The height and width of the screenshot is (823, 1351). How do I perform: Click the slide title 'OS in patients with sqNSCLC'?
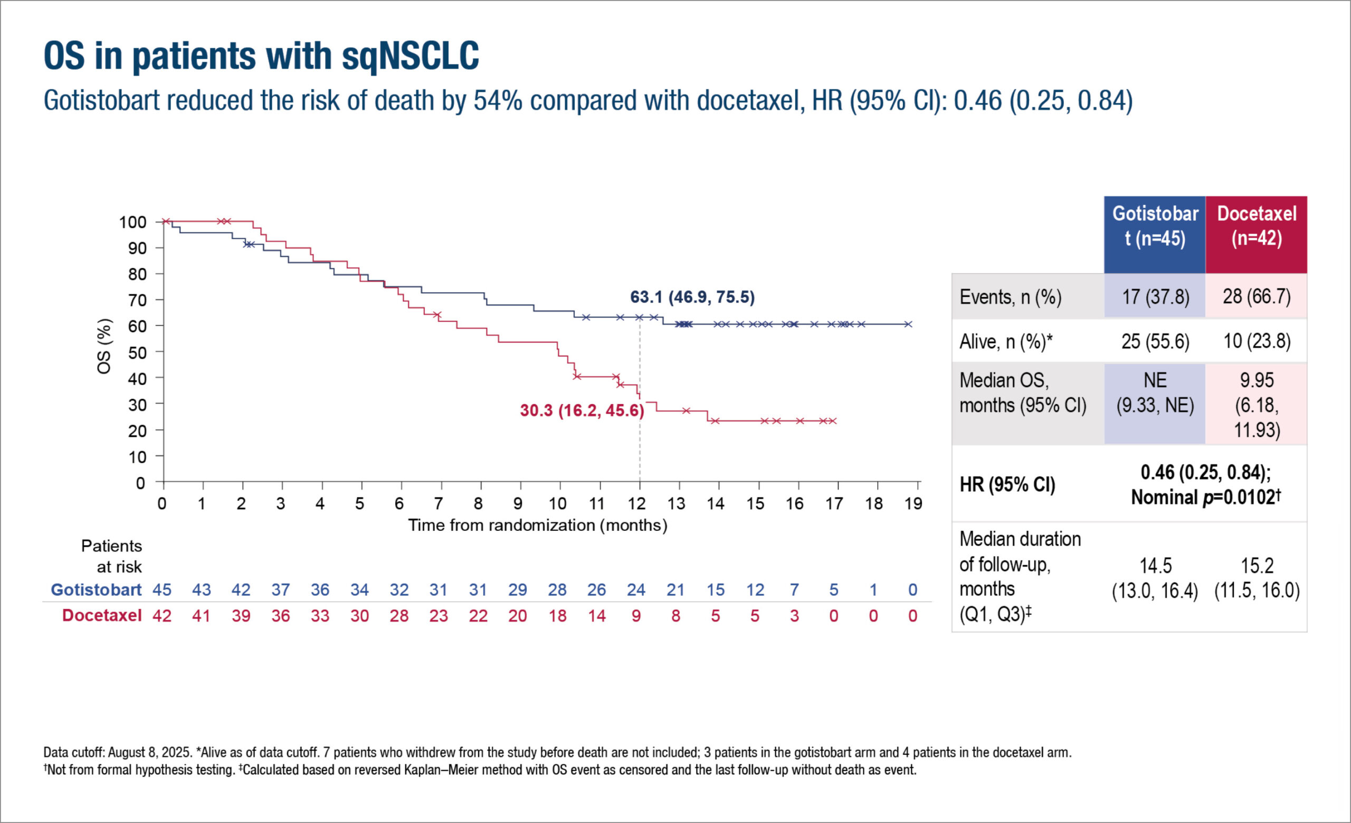click(261, 56)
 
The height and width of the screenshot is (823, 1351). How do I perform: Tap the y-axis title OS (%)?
click(103, 346)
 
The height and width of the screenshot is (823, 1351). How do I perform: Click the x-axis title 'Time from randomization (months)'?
click(537, 525)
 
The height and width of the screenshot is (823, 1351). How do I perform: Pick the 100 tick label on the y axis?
click(132, 222)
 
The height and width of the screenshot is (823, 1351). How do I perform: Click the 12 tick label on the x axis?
click(636, 503)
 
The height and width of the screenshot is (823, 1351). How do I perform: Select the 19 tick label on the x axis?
click(914, 503)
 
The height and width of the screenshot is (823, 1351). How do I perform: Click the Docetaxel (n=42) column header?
click(1256, 226)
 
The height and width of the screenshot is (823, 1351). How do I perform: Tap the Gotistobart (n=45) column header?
click(1155, 226)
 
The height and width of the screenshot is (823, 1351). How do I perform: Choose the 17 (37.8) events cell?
click(1155, 297)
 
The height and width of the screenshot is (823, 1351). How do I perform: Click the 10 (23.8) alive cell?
click(1257, 341)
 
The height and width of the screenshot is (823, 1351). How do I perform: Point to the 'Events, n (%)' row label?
click(1010, 297)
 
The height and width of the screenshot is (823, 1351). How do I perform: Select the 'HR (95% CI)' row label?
click(1007, 484)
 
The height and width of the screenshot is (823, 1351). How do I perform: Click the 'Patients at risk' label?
click(112, 556)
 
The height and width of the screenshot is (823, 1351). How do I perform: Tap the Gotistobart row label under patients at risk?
click(96, 590)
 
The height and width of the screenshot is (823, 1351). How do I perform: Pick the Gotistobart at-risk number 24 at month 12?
click(636, 590)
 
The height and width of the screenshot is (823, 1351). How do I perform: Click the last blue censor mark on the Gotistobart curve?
click(908, 324)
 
